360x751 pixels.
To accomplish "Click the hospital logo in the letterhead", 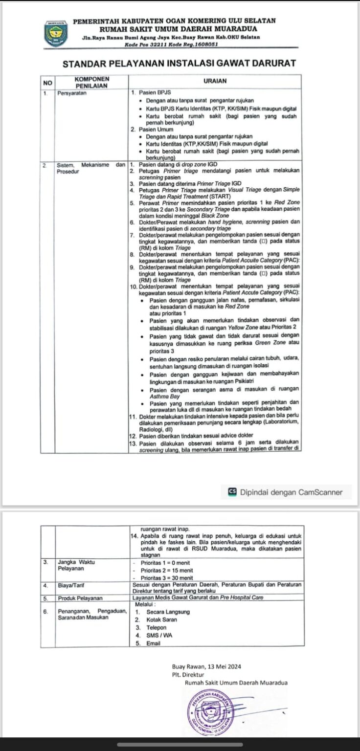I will click(x=56, y=33).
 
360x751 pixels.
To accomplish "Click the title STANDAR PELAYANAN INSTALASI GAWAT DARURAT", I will click(x=180, y=64).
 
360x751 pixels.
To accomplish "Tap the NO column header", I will click(x=47, y=82).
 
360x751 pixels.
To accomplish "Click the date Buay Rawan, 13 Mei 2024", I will click(x=206, y=666).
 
